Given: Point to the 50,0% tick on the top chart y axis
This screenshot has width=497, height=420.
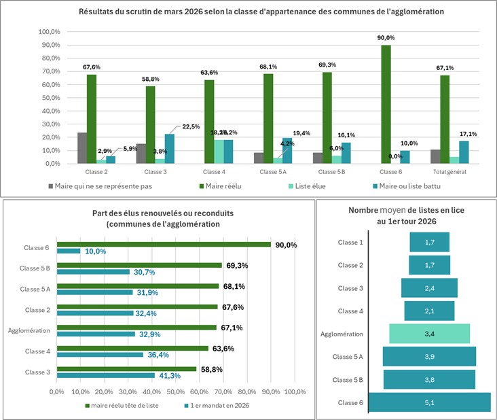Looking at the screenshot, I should click(x=49, y=98).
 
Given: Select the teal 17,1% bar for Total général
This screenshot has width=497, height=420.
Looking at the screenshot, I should click(x=464, y=152).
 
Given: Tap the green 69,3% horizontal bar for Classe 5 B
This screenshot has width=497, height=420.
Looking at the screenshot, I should click(x=139, y=265).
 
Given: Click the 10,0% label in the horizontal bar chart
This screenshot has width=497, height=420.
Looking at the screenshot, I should click(x=95, y=251).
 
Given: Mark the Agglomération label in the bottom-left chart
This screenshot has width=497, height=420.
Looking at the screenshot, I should click(x=29, y=331).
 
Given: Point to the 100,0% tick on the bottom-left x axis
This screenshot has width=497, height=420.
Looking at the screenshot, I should click(x=295, y=392).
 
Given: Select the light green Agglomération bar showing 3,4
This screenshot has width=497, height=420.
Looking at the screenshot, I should click(x=429, y=333).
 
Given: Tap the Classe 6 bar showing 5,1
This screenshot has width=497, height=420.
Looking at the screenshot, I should click(x=429, y=402).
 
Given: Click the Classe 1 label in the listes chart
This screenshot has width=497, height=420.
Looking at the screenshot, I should click(x=350, y=242).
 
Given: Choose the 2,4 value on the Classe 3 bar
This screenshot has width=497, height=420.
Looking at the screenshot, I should click(x=430, y=288).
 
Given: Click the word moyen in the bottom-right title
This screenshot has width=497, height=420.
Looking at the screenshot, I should click(x=394, y=211).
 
